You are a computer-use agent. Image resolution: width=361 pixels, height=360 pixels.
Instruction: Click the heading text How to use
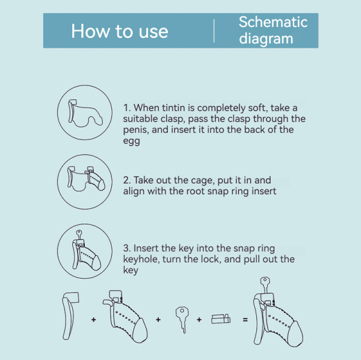(120, 31)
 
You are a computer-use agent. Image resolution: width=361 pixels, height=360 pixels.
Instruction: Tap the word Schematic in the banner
(273, 22)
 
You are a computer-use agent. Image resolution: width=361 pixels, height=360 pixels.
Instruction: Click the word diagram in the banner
(266, 38)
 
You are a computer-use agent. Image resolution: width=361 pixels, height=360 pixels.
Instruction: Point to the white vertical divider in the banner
(214, 31)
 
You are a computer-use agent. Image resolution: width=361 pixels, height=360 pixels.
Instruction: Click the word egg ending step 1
(131, 141)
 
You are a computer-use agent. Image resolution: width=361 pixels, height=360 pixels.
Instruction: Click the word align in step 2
(134, 191)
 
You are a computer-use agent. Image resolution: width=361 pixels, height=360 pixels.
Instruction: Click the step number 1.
(126, 108)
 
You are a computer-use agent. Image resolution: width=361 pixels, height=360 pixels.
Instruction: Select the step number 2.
(127, 180)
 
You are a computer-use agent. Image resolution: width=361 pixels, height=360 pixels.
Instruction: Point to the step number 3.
(127, 248)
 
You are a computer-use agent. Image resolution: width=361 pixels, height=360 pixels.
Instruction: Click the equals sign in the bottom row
(245, 320)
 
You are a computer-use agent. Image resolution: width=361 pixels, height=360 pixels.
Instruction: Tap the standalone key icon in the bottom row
(182, 319)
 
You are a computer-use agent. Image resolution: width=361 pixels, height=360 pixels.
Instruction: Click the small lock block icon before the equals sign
(221, 319)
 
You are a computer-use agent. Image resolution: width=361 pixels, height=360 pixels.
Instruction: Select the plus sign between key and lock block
(199, 320)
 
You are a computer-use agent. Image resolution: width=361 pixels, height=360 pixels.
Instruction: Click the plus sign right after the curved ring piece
(93, 320)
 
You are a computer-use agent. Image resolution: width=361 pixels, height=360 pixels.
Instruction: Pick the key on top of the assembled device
(265, 284)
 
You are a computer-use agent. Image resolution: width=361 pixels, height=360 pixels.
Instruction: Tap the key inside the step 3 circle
(79, 234)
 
